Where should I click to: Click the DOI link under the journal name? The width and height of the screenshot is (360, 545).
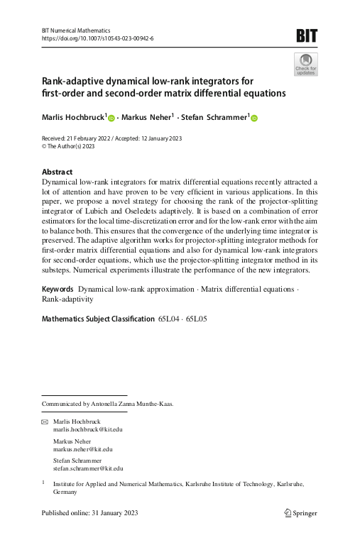[x=98, y=38]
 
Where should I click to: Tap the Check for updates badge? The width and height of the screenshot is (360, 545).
[x=305, y=64]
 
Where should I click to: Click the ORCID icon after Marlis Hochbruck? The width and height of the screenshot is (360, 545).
[x=111, y=118]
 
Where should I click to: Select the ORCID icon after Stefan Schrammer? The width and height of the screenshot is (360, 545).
[x=254, y=118]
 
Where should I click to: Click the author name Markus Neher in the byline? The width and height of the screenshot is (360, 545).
[x=148, y=117]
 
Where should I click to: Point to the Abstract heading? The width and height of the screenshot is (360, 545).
[x=58, y=172]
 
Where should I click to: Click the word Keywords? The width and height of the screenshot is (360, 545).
[x=58, y=290]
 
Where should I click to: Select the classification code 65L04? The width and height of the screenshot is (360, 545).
[x=169, y=319]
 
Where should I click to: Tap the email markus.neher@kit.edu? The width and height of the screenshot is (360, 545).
[x=83, y=448]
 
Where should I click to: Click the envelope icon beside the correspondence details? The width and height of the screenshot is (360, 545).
[x=45, y=422]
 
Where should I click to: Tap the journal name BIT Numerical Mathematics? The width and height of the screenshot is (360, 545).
[x=77, y=31]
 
